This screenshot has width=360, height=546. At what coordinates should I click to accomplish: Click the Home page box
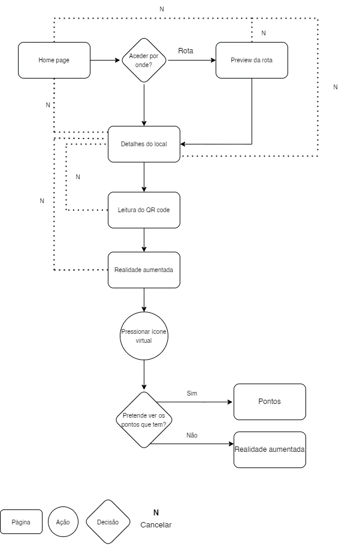pyautogui.click(x=54, y=61)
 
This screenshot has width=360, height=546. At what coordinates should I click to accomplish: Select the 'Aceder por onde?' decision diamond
pyautogui.click(x=144, y=61)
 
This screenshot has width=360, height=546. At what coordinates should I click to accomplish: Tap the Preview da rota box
pyautogui.click(x=252, y=61)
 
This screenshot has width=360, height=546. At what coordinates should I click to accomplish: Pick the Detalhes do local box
pyautogui.click(x=144, y=144)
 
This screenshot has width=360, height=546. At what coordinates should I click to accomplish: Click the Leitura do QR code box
pyautogui.click(x=144, y=210)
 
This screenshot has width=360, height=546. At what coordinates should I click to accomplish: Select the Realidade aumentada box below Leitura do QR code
pyautogui.click(x=144, y=270)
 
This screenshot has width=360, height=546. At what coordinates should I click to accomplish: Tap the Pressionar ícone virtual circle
pyautogui.click(x=144, y=336)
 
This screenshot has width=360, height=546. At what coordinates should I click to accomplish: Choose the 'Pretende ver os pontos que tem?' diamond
pyautogui.click(x=144, y=420)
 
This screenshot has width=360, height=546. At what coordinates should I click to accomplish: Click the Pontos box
pyautogui.click(x=270, y=402)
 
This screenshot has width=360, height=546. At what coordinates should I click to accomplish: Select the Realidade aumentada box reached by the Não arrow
pyautogui.click(x=270, y=450)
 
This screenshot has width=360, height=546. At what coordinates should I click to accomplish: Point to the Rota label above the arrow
pyautogui.click(x=186, y=51)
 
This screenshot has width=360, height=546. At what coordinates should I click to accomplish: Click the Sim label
pyautogui.click(x=192, y=394)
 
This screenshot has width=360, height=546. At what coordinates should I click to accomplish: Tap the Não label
pyautogui.click(x=192, y=435)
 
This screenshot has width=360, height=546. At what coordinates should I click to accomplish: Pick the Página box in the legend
pyautogui.click(x=21, y=522)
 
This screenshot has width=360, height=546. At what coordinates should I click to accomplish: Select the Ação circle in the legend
pyautogui.click(x=63, y=522)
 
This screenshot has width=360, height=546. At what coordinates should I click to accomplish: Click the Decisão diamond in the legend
pyautogui.click(x=108, y=522)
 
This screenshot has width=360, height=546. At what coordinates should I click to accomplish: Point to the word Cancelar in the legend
pyautogui.click(x=156, y=525)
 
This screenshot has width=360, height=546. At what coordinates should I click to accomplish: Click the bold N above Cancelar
pyautogui.click(x=156, y=512)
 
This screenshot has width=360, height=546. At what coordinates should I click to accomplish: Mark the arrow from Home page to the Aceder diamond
pyautogui.click(x=105, y=61)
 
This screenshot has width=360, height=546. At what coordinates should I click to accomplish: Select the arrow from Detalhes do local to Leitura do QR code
pyautogui.click(x=144, y=177)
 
